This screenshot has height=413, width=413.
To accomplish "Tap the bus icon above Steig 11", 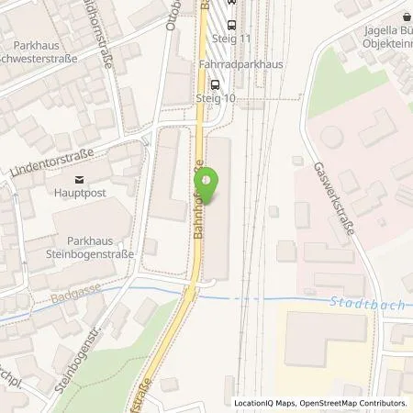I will click(x=229, y=26).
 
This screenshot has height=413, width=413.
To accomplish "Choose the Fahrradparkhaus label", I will click(x=240, y=65).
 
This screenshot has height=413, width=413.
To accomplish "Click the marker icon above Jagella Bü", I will click(x=407, y=15).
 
